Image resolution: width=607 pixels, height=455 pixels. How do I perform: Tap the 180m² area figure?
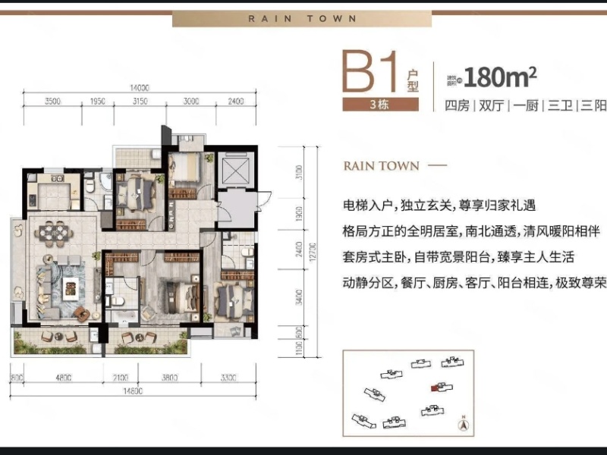500,76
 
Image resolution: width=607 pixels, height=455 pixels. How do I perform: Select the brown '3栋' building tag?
379,105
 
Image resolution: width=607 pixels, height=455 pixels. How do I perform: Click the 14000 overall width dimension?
138,89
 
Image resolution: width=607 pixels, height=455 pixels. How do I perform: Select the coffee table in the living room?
73,287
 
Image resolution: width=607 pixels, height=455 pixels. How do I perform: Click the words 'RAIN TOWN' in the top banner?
302,18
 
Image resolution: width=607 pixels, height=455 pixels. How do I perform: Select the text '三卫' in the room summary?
558,105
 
